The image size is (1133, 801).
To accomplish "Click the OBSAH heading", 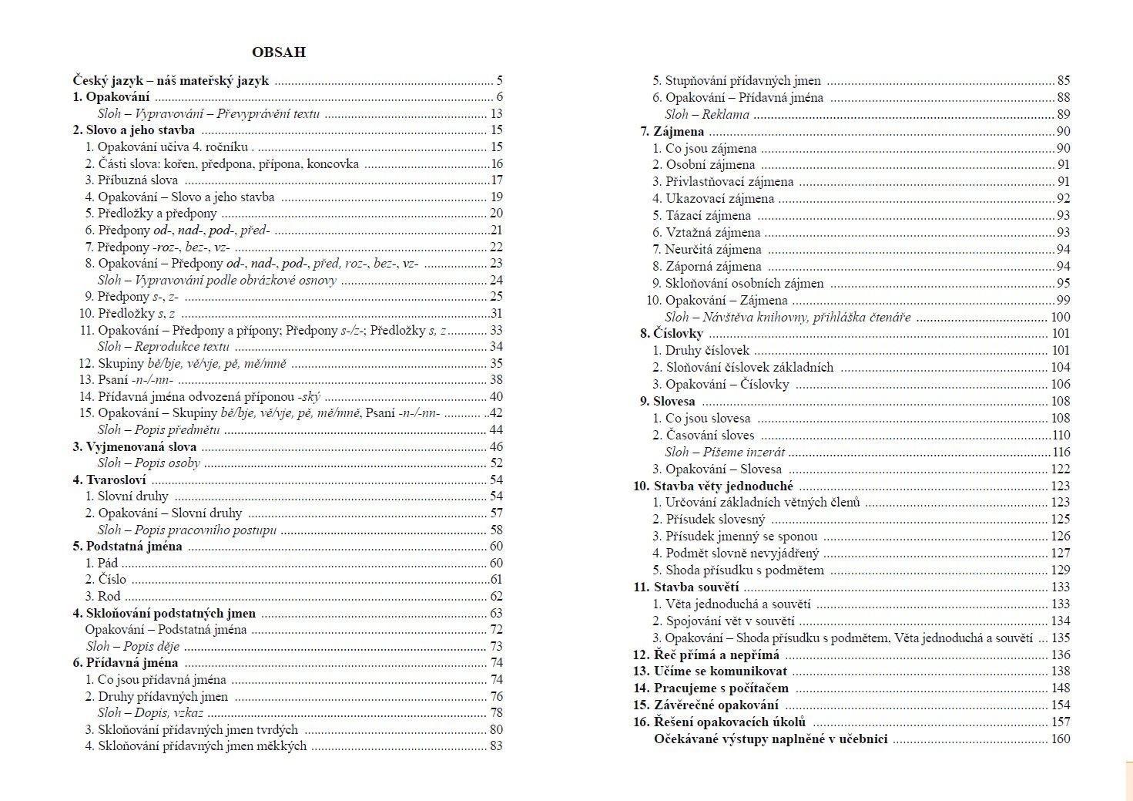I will [x=278, y=52].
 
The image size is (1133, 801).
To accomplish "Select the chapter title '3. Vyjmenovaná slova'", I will [x=135, y=446].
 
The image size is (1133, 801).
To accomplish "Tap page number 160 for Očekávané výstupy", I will [x=1060, y=739].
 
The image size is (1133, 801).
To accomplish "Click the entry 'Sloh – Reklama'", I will [x=706, y=114].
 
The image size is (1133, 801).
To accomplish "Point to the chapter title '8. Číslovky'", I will [x=671, y=333].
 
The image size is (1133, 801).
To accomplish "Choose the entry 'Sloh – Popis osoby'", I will [x=149, y=463].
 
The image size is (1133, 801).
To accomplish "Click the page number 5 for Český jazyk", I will [x=499, y=80].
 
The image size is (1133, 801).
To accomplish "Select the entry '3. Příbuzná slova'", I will [x=132, y=180].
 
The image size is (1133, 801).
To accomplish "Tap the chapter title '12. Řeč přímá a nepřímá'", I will [x=706, y=655].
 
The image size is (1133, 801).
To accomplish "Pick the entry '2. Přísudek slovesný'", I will [x=709, y=519].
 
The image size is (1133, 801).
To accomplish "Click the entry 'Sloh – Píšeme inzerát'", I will [x=725, y=452].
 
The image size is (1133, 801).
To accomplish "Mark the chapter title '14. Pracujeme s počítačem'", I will [x=711, y=688].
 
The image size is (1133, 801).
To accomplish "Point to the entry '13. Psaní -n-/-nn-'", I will [x=126, y=379].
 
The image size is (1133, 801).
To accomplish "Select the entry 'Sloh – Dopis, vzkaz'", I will [x=150, y=712].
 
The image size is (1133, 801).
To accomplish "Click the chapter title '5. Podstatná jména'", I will [x=128, y=546].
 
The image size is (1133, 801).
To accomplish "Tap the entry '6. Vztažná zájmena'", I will [x=706, y=232].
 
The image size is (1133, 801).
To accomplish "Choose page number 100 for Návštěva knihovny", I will [x=1060, y=317].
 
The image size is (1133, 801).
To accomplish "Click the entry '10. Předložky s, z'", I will [x=127, y=313].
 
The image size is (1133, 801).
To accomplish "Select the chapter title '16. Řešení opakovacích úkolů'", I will [x=719, y=722].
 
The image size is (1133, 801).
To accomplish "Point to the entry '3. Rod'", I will [x=103, y=596].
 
